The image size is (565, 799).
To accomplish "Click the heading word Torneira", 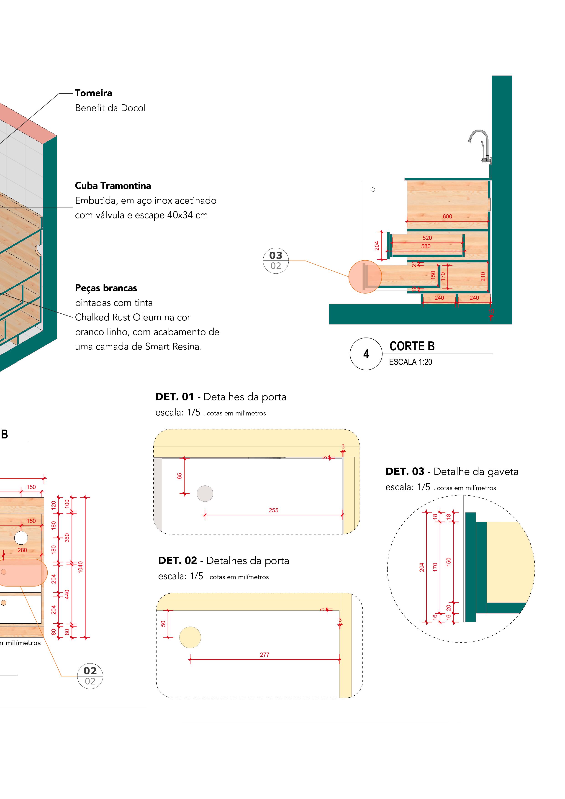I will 93,93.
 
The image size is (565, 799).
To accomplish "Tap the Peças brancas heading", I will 106,288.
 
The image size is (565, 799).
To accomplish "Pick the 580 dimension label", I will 426,246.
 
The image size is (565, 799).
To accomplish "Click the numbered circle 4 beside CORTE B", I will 366,354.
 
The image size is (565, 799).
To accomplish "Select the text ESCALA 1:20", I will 411,362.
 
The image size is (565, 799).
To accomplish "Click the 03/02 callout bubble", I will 276,261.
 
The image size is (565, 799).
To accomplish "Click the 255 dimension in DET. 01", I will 273,510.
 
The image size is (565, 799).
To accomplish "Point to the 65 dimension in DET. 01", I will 180,476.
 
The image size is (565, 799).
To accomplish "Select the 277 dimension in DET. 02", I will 265,655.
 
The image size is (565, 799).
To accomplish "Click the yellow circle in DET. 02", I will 190,637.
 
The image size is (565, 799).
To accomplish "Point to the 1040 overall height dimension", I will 80,567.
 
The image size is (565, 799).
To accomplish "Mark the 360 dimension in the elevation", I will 67,538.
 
